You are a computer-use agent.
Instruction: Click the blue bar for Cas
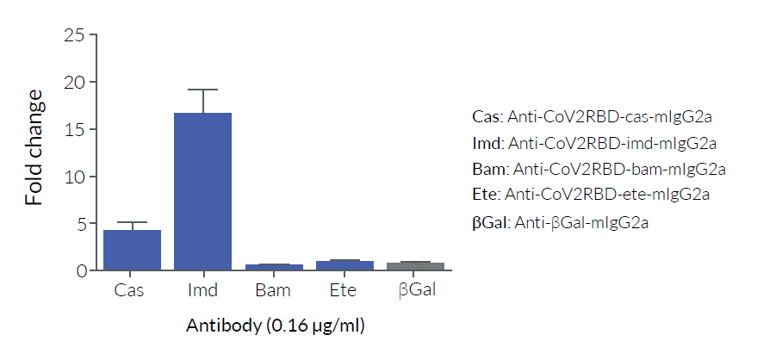[x=132, y=250]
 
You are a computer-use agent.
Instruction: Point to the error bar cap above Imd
[x=202, y=90]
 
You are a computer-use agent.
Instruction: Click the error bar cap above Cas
[x=132, y=222]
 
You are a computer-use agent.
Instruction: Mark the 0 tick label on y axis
[x=81, y=270]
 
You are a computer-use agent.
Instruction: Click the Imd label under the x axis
[x=202, y=290]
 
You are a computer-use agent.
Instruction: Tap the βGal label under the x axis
[x=417, y=290]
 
